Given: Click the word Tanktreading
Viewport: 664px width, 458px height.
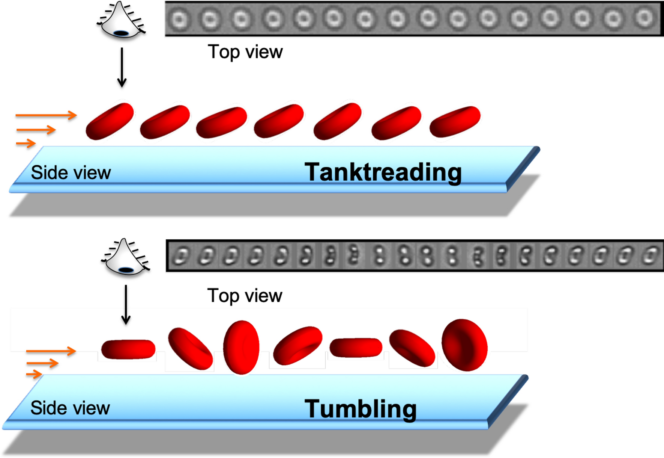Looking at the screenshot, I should pyautogui.click(x=383, y=172).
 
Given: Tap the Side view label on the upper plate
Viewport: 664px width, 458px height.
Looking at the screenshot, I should pyautogui.click(x=71, y=173).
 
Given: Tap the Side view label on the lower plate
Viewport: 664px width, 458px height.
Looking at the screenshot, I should pyautogui.click(x=70, y=408).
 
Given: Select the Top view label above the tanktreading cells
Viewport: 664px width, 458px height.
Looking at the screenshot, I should pyautogui.click(x=245, y=52).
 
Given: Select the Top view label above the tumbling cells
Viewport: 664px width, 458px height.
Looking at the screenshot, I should pyautogui.click(x=245, y=296).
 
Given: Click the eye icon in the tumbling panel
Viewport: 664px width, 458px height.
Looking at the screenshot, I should pyautogui.click(x=125, y=257).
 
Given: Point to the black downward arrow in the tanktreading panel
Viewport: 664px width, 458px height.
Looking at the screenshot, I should pyautogui.click(x=122, y=68).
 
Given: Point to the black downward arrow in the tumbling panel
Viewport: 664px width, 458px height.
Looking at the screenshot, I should pyautogui.click(x=126, y=305).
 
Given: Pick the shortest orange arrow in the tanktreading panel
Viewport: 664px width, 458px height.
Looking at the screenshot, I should pyautogui.click(x=26, y=143).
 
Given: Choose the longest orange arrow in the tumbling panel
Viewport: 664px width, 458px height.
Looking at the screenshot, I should pyautogui.click(x=51, y=351).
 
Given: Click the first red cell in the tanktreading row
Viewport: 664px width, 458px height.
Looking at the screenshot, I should pyautogui.click(x=110, y=121).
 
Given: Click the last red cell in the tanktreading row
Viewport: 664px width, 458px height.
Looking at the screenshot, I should pyautogui.click(x=455, y=121).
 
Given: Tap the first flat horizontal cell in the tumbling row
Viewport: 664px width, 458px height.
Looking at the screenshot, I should pyautogui.click(x=128, y=349).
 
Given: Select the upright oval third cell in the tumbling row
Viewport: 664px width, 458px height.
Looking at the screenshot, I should pyautogui.click(x=241, y=347).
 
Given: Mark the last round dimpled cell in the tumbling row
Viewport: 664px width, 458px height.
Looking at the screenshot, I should pyautogui.click(x=464, y=345).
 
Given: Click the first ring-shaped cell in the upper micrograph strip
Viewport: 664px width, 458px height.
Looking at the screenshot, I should pyautogui.click(x=180, y=19).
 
